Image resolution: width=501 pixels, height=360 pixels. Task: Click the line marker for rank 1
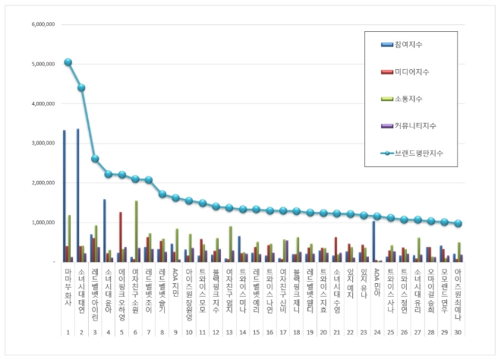pyautogui.click(x=68, y=62)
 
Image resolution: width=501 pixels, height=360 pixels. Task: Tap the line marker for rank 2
pyautogui.click(x=81, y=87)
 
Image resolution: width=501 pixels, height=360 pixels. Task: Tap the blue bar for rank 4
pyautogui.click(x=105, y=231)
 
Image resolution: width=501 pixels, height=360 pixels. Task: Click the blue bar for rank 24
pyautogui.click(x=373, y=242)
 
